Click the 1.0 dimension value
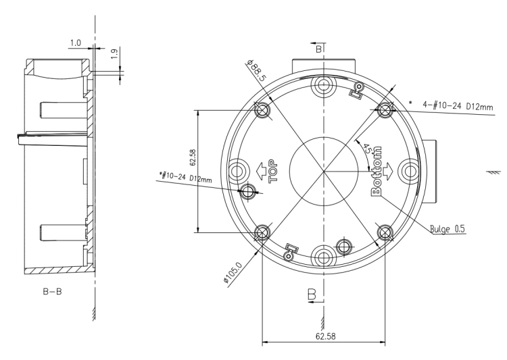[76, 43]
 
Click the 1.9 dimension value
[115, 53]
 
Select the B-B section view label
[52, 292]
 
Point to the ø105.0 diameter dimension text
[233, 272]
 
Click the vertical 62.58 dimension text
[193, 157]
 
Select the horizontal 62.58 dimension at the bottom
[326, 336]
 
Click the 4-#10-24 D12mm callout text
[458, 105]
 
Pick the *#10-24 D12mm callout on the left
[186, 177]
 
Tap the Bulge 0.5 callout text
[448, 229]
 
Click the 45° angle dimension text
[368, 149]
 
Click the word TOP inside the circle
[274, 171]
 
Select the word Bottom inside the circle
[376, 172]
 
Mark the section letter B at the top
[319, 49]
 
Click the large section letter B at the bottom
[312, 294]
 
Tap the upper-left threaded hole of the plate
[262, 111]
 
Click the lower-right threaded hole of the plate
[385, 232]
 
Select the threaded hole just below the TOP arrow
[248, 191]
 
